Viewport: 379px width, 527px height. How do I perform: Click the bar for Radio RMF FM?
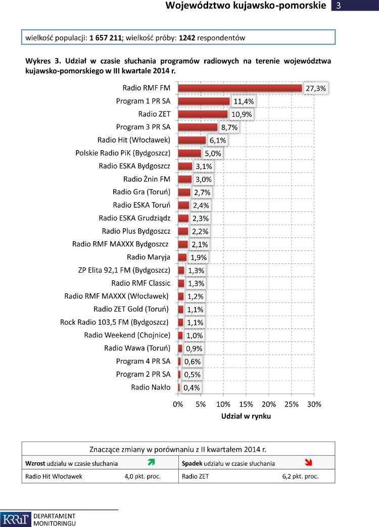(240, 88)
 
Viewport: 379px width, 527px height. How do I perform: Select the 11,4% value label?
(244, 101)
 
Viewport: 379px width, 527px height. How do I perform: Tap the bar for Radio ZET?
(203, 114)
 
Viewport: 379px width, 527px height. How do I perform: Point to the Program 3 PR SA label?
(143, 127)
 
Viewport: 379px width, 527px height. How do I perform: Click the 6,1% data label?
(218, 140)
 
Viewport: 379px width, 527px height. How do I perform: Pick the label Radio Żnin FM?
(147, 179)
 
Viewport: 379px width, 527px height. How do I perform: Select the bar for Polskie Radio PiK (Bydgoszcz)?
(189, 153)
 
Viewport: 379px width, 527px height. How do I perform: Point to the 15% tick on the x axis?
(246, 405)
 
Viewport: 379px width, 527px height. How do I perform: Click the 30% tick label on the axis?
(314, 405)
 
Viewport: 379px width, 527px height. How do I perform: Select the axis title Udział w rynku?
(246, 416)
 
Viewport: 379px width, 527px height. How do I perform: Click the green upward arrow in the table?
(151, 462)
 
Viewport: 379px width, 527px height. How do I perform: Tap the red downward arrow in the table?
(309, 462)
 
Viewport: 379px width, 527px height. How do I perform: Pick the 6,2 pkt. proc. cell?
(300, 476)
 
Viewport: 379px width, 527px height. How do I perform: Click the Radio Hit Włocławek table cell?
(54, 476)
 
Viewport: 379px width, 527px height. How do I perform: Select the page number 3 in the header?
(339, 6)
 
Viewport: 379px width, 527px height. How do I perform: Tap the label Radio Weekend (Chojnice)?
(127, 335)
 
